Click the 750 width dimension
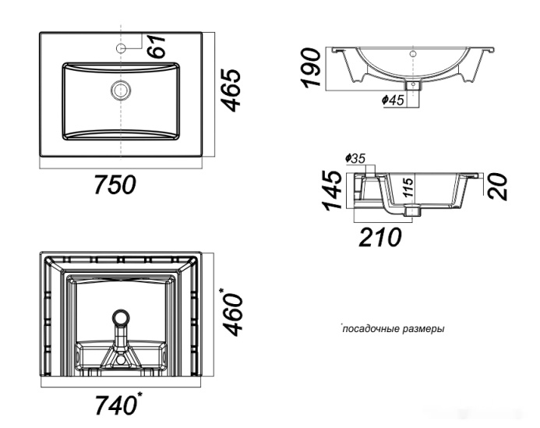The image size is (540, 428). point(115,184)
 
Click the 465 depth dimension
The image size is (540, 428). point(230,90)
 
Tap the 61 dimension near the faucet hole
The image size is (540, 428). point(157,46)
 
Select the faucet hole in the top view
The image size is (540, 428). point(121,48)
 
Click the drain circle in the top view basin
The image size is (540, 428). point(121,90)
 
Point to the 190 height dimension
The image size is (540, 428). point(310,68)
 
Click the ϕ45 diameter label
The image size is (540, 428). point(393,100)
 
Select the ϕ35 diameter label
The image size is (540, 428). point(355,158)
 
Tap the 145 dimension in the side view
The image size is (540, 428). point(332,190)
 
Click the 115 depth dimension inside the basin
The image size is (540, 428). point(408,187)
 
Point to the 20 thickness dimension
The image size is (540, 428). point(497,186)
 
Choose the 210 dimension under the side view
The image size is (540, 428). point(380,237)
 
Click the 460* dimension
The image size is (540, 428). point(232,312)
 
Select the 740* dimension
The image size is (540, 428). point(118,404)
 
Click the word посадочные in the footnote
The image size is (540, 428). point(368,329)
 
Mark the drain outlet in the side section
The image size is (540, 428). point(412,210)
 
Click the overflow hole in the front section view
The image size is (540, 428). point(413,54)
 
